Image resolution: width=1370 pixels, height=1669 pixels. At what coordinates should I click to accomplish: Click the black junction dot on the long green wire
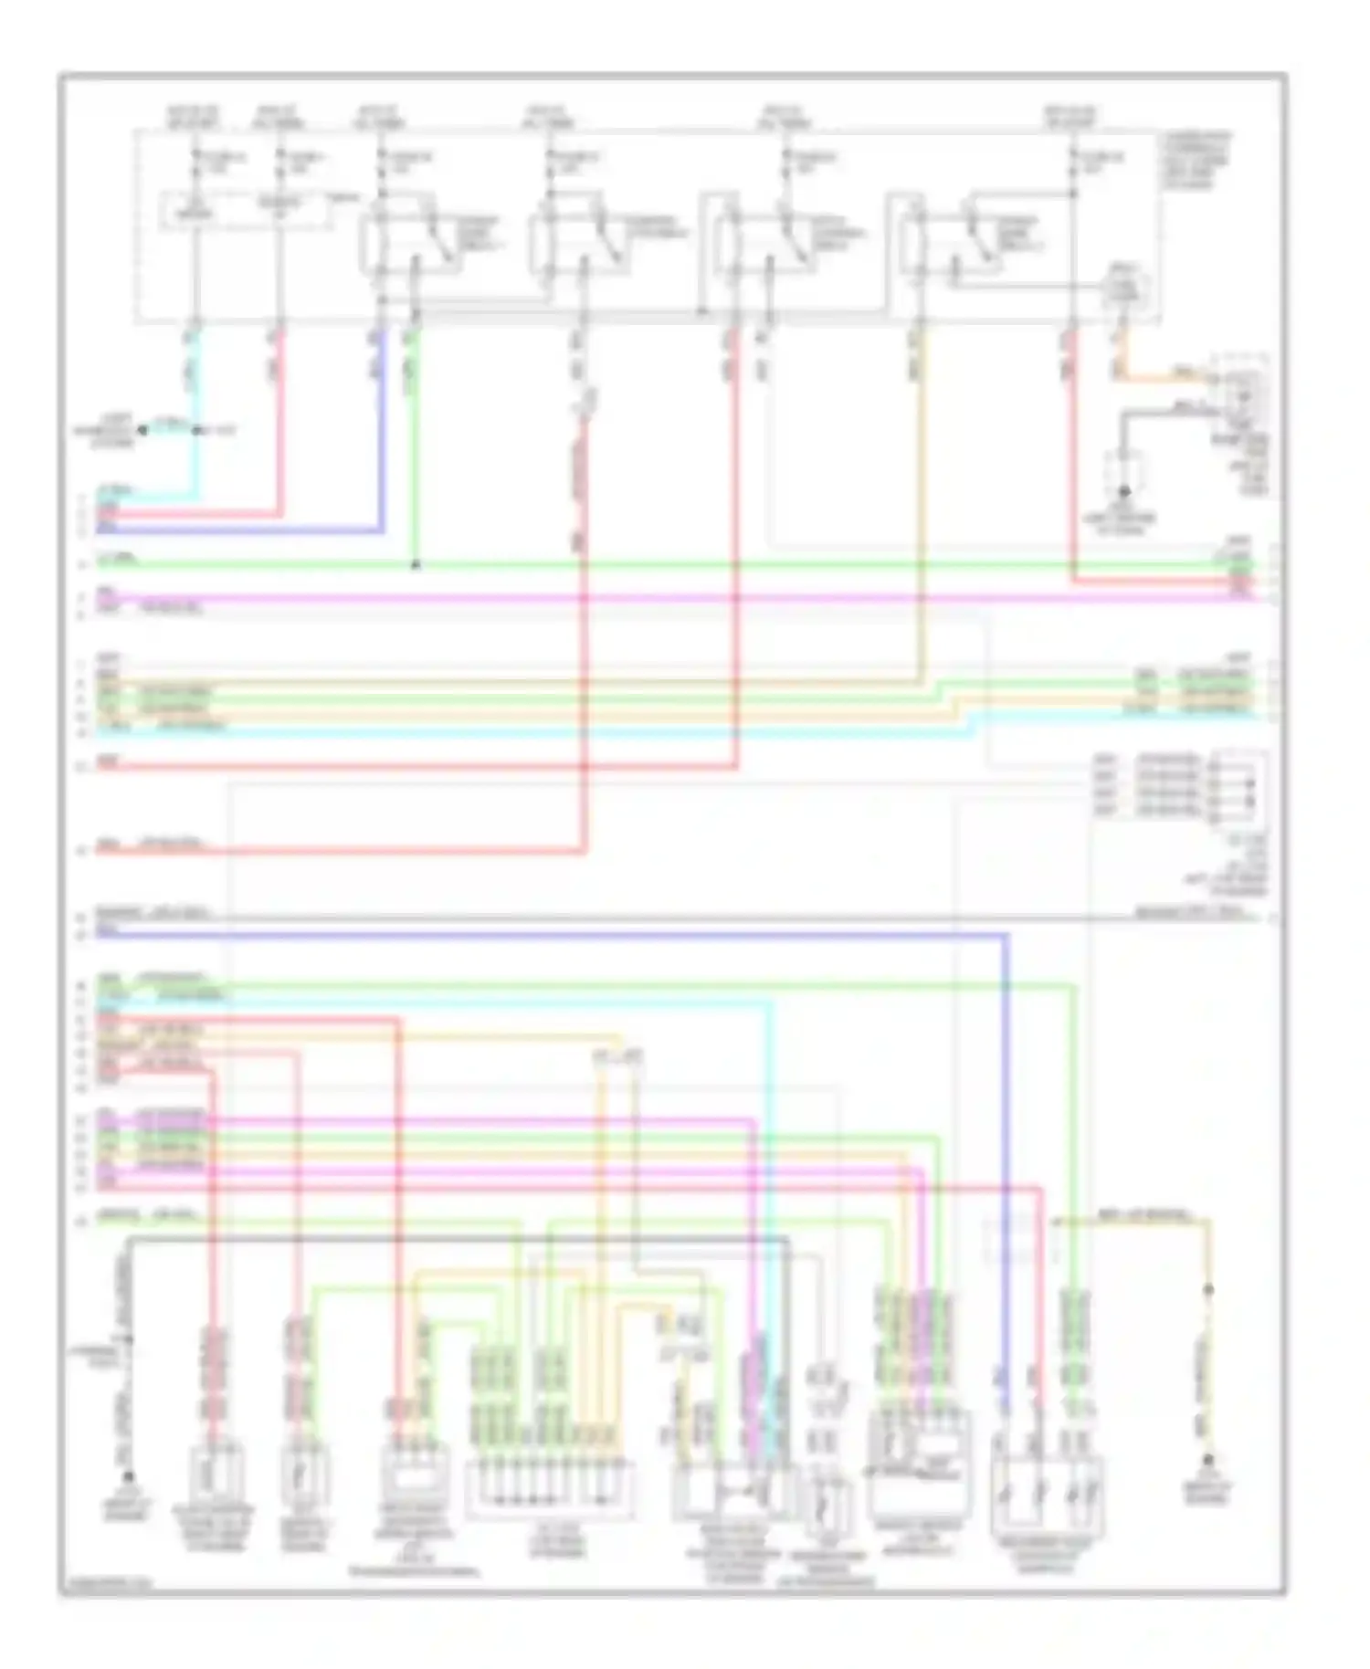coord(416,565)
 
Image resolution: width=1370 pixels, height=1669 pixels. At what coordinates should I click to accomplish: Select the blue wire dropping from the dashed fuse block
coord(382,429)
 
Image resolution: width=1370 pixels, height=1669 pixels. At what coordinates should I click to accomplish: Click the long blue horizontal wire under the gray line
coord(548,934)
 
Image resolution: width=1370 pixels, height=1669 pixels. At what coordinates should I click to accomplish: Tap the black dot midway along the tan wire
coord(1208,1290)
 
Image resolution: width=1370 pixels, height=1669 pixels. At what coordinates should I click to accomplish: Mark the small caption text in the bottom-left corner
coord(105,1587)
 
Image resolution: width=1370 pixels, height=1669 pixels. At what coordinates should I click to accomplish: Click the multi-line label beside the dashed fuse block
coord(1196,161)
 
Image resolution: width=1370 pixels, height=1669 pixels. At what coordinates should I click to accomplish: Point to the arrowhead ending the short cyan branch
coord(142,429)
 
